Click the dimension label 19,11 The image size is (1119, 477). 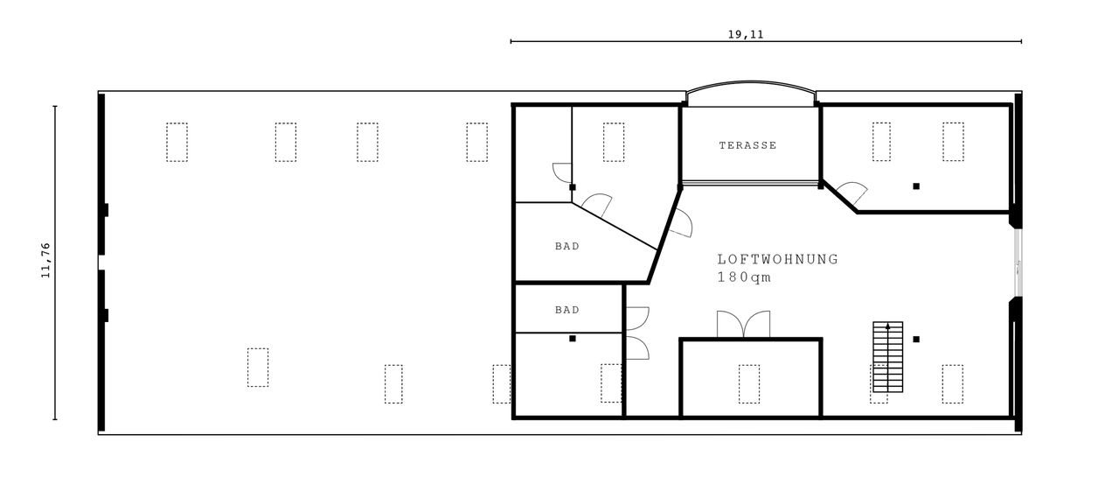click(x=746, y=34)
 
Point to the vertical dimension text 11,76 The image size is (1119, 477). click(x=46, y=260)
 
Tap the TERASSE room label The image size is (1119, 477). click(x=747, y=145)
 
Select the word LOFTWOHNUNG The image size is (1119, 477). click(x=778, y=259)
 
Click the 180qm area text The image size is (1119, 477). click(x=744, y=277)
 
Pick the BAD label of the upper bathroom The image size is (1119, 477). click(x=567, y=246)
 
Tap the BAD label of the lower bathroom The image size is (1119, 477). click(x=567, y=310)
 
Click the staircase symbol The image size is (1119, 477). click(x=887, y=356)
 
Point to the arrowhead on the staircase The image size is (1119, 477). click(x=887, y=326)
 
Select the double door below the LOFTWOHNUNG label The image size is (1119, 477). click(x=743, y=324)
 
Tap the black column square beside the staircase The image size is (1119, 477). click(x=916, y=339)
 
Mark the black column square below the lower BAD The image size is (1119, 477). click(x=573, y=339)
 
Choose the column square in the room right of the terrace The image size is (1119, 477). click(x=916, y=186)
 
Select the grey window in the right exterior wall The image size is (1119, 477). click(x=1018, y=263)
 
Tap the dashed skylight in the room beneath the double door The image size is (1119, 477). click(x=749, y=384)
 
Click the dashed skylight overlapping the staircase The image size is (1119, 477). click(x=879, y=384)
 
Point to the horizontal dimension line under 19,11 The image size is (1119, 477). click(x=766, y=41)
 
